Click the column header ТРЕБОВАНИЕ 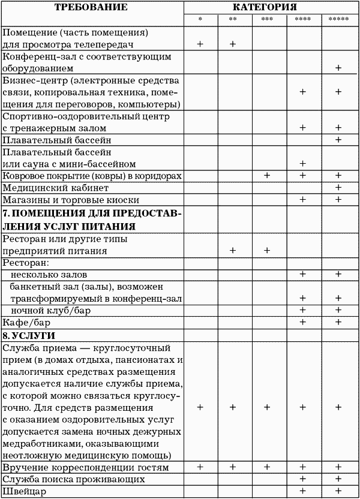click(91, 7)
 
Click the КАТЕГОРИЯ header click(269, 7)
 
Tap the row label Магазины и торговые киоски click(71, 200)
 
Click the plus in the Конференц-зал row click(338, 68)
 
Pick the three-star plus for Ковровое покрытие click(267, 176)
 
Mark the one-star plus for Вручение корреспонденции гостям click(200, 467)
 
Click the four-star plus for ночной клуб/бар click(303, 310)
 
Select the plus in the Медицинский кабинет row click(338, 188)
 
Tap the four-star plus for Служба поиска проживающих click(303, 479)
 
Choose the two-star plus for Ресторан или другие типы click(233, 251)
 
